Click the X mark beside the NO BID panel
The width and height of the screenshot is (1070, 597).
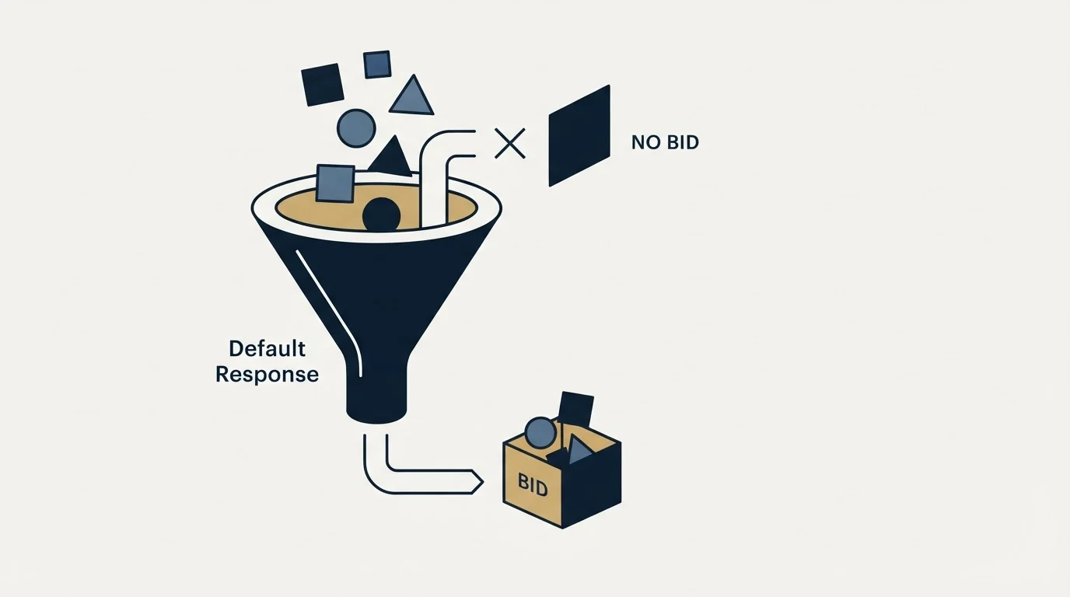coord(509,143)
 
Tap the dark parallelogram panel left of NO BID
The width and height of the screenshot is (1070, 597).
coord(579,135)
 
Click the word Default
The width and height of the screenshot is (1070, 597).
coord(267,349)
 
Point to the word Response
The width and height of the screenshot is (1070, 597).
coord(267,375)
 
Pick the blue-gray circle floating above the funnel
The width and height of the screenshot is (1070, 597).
coord(356,128)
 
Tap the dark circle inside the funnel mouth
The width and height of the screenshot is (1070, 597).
coord(381,215)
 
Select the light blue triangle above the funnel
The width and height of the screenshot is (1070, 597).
coord(412,97)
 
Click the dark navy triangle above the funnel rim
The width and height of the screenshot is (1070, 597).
coord(392,158)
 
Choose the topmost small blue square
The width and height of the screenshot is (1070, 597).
coord(377,65)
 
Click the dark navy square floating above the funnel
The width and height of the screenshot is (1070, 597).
coord(323,85)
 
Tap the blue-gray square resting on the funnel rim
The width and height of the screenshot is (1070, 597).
coord(335,183)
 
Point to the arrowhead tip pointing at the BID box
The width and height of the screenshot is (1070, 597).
coord(483,482)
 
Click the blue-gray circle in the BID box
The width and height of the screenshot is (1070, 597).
coord(540,433)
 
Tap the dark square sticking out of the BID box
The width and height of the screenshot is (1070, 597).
coord(576,410)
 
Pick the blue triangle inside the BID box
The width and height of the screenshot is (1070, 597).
coord(579,450)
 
